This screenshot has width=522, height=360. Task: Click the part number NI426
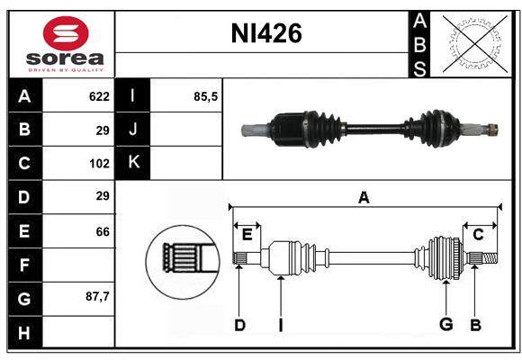pyautogui.click(x=265, y=34)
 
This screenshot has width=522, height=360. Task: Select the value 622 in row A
pyautogui.click(x=98, y=96)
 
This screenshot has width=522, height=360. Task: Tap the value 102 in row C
pyautogui.click(x=98, y=164)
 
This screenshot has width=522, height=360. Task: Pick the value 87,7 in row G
pyautogui.click(x=96, y=297)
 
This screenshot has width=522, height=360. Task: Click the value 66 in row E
pyautogui.click(x=103, y=231)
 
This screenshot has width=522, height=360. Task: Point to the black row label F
pyautogui.click(x=24, y=265)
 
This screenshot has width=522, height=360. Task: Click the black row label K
pyautogui.click(x=133, y=163)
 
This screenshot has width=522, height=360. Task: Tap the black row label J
pyautogui.click(x=133, y=130)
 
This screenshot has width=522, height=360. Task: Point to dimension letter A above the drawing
pyautogui.click(x=364, y=198)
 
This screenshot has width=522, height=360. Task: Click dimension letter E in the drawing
pyautogui.click(x=247, y=235)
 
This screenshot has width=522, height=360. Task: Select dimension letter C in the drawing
pyautogui.click(x=478, y=235)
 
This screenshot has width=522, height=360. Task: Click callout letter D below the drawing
pyautogui.click(x=239, y=325)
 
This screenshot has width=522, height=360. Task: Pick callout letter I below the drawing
pyautogui.click(x=280, y=325)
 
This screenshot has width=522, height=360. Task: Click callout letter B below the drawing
pyautogui.click(x=475, y=325)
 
